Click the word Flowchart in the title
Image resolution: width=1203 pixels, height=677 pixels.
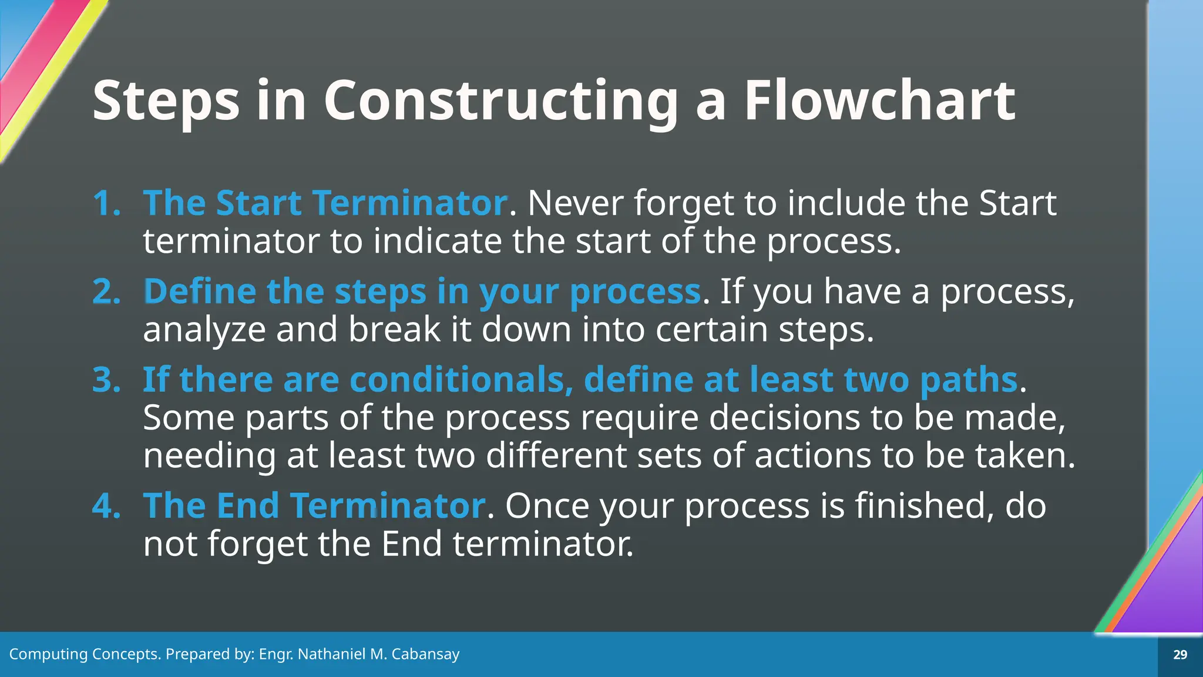tap(879, 101)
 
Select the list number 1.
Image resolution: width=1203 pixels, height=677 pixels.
tap(106, 203)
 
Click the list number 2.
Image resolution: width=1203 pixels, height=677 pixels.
tap(106, 291)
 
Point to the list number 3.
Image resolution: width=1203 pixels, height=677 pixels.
tap(106, 380)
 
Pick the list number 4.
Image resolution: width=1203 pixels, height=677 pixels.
tap(106, 505)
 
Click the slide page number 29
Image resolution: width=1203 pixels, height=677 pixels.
tap(1180, 655)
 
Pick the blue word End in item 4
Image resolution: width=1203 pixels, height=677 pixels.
tap(247, 505)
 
